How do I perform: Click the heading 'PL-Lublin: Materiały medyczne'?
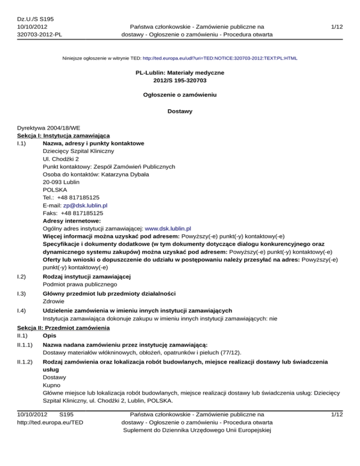pyautogui.click(x=180, y=74)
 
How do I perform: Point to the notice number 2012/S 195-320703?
pyautogui.click(x=180, y=82)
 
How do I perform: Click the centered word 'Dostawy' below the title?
pyautogui.click(x=180, y=112)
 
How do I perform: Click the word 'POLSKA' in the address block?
pyautogui.click(x=54, y=190)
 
